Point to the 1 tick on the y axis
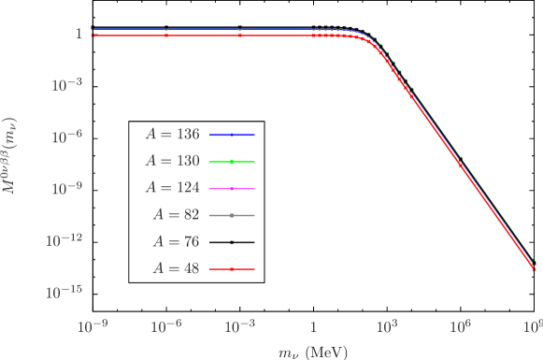pyautogui.click(x=80, y=34)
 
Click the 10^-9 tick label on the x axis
pyautogui.click(x=92, y=325)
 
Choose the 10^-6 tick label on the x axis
pyautogui.click(x=165, y=325)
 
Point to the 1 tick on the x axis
pyautogui.click(x=313, y=326)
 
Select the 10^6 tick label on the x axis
pyautogui.click(x=460, y=325)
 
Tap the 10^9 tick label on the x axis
pyautogui.click(x=533, y=325)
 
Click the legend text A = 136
pyautogui.click(x=171, y=135)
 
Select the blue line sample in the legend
pyautogui.click(x=232, y=135)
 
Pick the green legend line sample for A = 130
pyautogui.click(x=232, y=162)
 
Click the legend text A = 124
pyautogui.click(x=171, y=188)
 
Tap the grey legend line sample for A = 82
pyautogui.click(x=232, y=215)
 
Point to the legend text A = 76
pyautogui.click(x=175, y=242)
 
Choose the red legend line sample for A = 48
pyautogui.click(x=232, y=269)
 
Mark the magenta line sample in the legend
pyautogui.click(x=232, y=188)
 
